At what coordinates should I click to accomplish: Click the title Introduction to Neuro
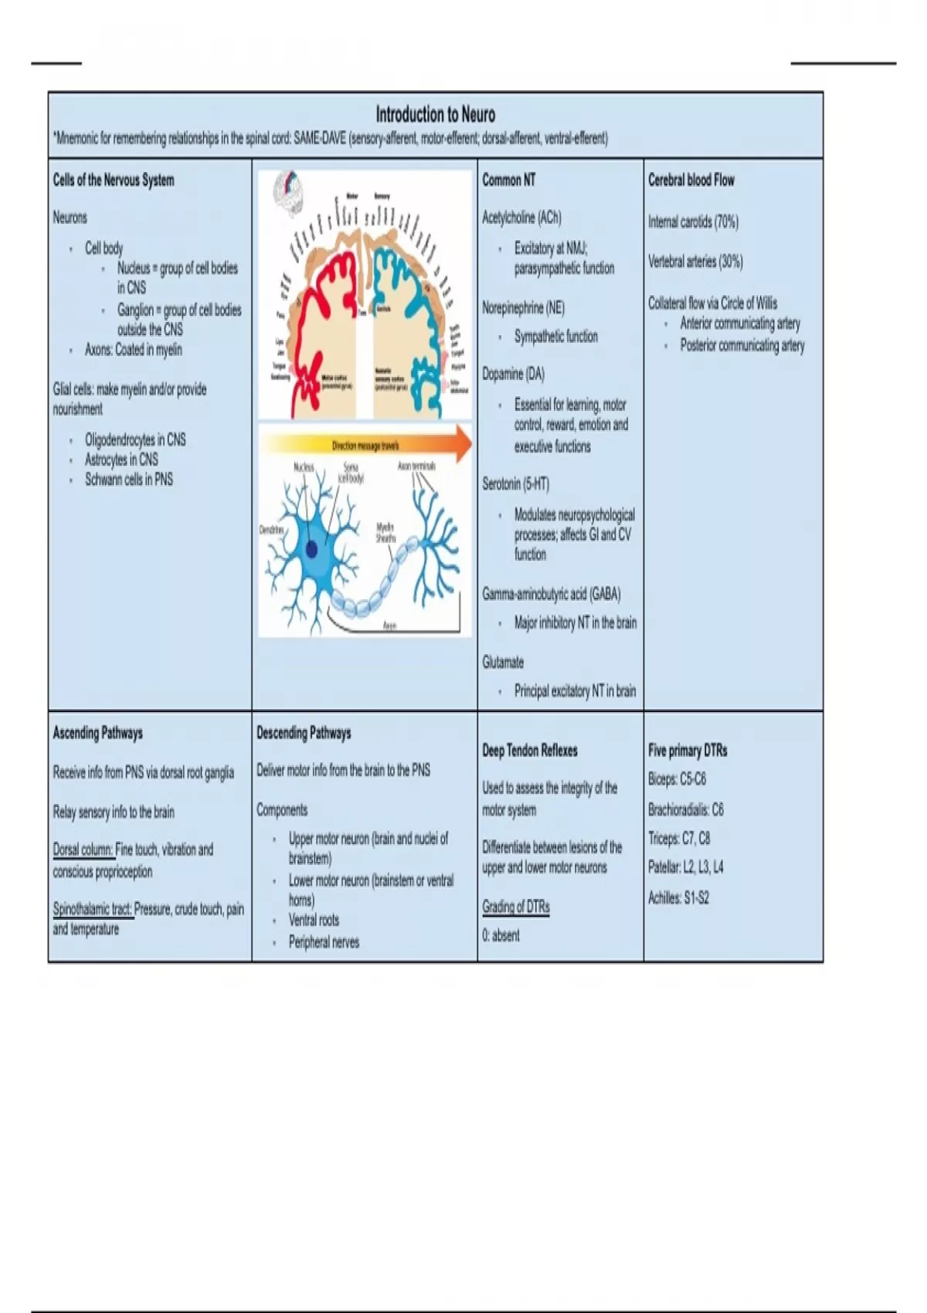tap(435, 115)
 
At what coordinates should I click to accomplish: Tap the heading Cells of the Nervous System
tap(114, 180)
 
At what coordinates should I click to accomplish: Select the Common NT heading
tap(508, 180)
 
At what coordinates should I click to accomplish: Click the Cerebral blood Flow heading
tap(691, 180)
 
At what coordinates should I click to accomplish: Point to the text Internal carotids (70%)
tap(693, 222)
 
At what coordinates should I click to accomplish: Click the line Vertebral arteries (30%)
tap(695, 262)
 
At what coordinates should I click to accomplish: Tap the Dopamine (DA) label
tap(513, 374)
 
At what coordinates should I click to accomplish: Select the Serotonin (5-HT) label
tap(515, 484)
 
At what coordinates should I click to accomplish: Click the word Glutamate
tap(503, 662)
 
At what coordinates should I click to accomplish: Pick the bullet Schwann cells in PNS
tap(129, 480)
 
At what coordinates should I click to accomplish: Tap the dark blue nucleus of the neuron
tap(311, 548)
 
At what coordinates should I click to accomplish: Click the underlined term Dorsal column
tap(83, 850)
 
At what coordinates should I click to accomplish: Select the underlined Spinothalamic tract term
tap(92, 909)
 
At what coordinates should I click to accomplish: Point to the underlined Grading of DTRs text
tap(516, 907)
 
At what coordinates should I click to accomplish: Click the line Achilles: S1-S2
tap(678, 898)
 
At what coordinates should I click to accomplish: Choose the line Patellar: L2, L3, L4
tap(685, 867)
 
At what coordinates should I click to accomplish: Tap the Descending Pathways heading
tap(304, 733)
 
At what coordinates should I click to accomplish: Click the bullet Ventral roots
tap(314, 920)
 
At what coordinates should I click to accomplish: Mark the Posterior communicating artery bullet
tap(742, 346)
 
